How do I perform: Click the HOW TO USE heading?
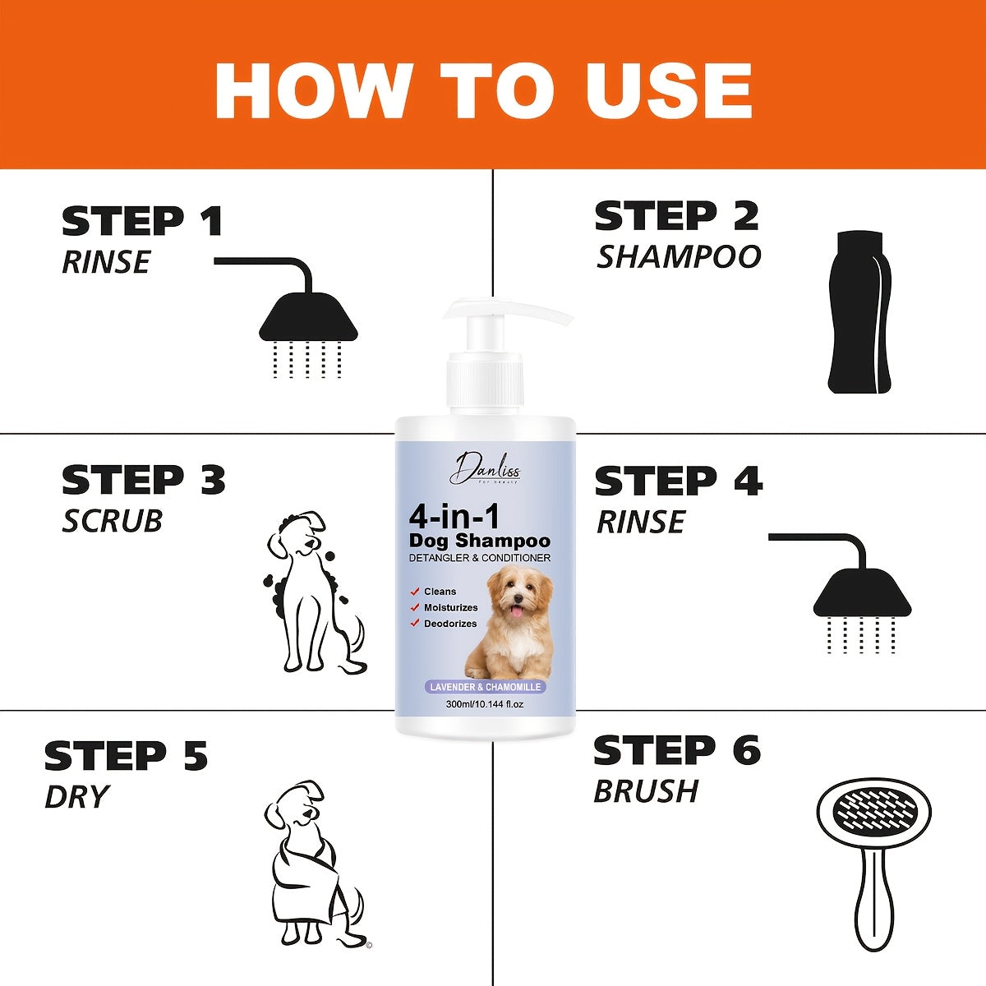click(483, 89)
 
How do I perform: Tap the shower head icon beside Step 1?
click(308, 320)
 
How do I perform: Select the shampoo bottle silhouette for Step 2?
click(859, 312)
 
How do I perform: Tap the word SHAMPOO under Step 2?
click(679, 257)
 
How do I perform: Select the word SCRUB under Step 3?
click(112, 521)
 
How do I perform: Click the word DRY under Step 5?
click(76, 797)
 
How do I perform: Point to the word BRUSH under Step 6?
click(646, 791)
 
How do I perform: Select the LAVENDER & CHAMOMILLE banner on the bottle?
click(485, 687)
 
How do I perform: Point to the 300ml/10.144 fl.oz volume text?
click(485, 704)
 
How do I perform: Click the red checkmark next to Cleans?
click(416, 592)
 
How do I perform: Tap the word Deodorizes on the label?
click(450, 624)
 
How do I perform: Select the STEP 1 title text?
click(142, 222)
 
